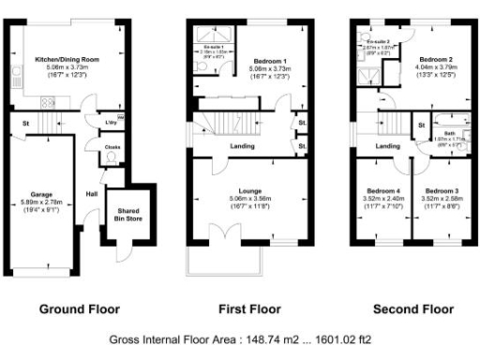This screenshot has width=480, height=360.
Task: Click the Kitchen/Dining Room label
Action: click(63, 58)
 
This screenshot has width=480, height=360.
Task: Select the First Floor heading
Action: click(247, 308)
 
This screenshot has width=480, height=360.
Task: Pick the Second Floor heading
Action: click(408, 308)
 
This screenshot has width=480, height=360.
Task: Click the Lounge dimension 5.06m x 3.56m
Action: click(249, 201)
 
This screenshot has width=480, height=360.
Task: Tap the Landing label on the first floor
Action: click(244, 146)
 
